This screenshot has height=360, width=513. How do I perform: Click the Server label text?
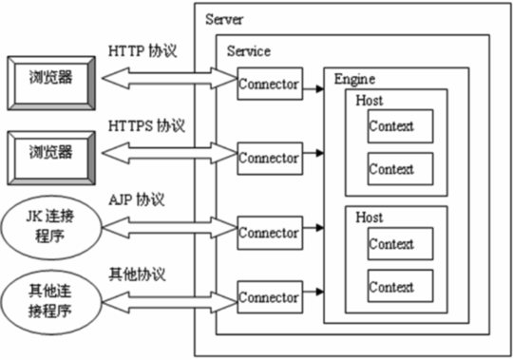223,19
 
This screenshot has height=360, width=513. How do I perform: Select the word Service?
247,51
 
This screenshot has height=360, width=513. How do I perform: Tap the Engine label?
352,79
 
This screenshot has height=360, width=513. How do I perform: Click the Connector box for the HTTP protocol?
269,84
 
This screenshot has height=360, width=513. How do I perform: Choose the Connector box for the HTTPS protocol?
269,158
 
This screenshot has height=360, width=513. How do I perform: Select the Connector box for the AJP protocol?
269,233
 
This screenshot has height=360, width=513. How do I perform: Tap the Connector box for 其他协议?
269,297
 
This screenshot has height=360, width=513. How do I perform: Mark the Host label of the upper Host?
370,101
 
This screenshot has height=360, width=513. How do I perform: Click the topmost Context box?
391,126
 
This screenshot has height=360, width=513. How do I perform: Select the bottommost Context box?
391,286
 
